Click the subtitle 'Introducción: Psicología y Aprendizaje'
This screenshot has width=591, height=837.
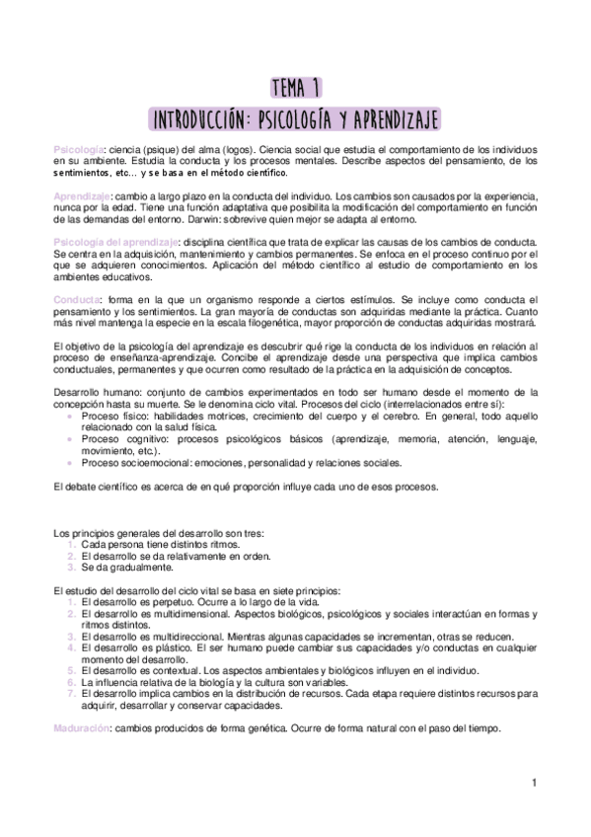(x=295, y=118)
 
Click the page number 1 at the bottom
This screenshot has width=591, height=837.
(x=533, y=785)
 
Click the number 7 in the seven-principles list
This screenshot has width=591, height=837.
(x=71, y=694)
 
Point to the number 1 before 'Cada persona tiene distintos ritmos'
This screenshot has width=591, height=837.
(x=71, y=545)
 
